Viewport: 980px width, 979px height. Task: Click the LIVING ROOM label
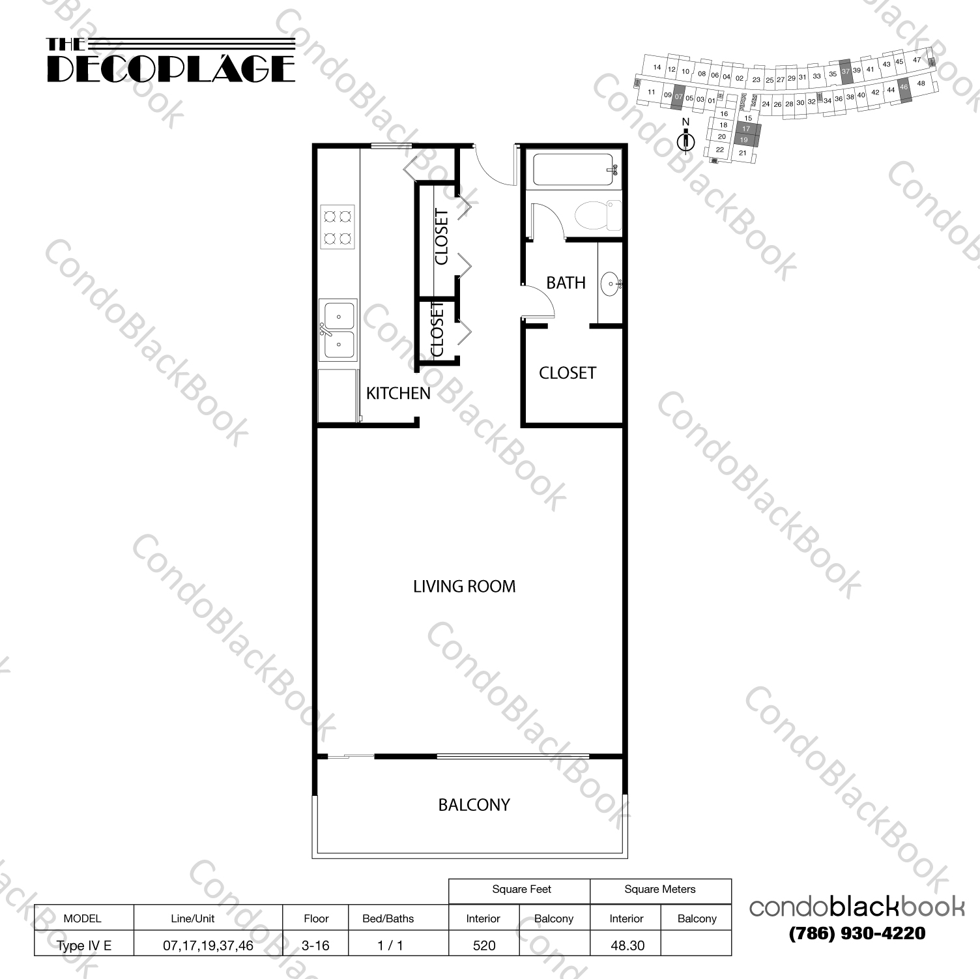pyautogui.click(x=464, y=587)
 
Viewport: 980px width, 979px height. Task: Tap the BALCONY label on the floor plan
pyautogui.click(x=474, y=805)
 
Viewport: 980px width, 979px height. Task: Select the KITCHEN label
pyautogui.click(x=398, y=393)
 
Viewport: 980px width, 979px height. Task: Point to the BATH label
pyautogui.click(x=566, y=283)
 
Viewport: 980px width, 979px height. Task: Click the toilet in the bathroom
pyautogui.click(x=596, y=215)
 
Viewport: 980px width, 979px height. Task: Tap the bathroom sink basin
pyautogui.click(x=611, y=283)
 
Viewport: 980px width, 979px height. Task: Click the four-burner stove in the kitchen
pyautogui.click(x=338, y=227)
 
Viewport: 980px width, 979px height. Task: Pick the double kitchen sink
pyautogui.click(x=338, y=329)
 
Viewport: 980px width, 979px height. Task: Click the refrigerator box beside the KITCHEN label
pyautogui.click(x=338, y=396)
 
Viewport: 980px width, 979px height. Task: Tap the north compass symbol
pyautogui.click(x=685, y=139)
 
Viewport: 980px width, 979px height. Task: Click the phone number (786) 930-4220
pyautogui.click(x=856, y=933)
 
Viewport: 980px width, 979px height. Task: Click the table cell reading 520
pyautogui.click(x=484, y=945)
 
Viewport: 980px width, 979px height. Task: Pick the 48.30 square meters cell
pyautogui.click(x=627, y=945)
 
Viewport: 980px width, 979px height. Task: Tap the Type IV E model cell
pyautogui.click(x=84, y=945)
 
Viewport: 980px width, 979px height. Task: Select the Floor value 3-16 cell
pyautogui.click(x=315, y=945)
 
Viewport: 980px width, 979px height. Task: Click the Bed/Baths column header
pyautogui.click(x=388, y=918)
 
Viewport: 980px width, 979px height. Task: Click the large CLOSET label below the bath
pyautogui.click(x=567, y=373)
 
